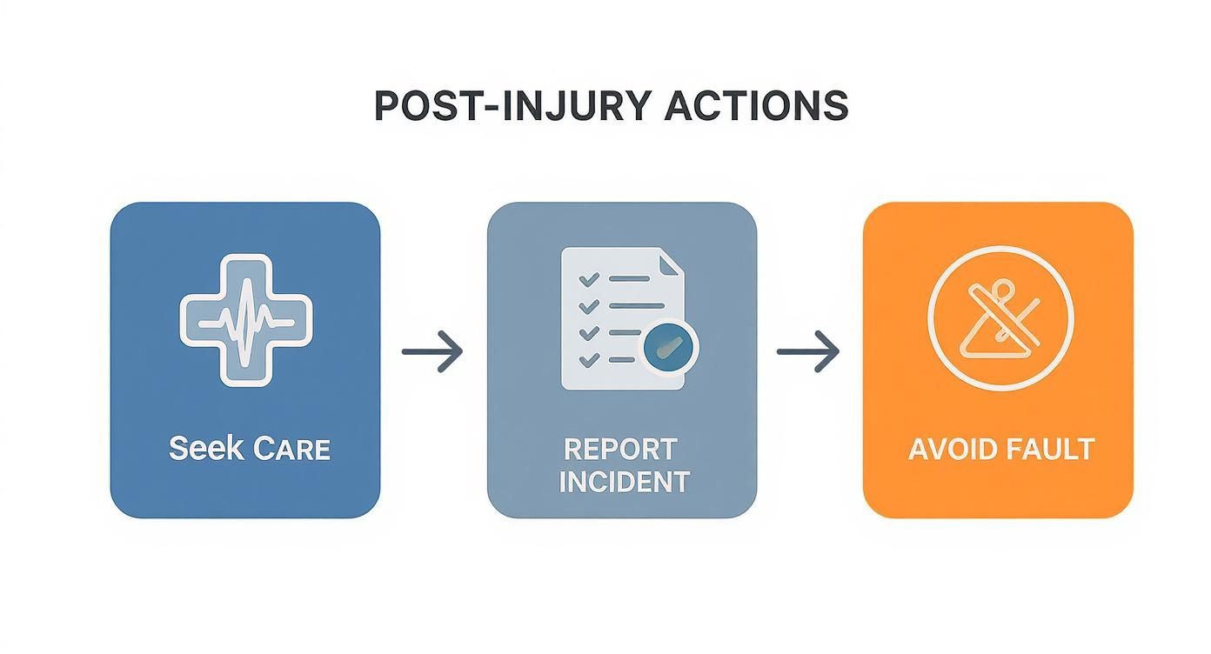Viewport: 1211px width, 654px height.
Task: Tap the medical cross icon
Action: click(246, 320)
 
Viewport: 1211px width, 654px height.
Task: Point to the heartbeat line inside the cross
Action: click(246, 320)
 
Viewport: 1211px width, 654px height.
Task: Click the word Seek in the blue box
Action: click(204, 449)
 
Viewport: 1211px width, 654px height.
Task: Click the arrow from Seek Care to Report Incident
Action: click(432, 351)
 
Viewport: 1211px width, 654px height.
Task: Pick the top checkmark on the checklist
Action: click(589, 279)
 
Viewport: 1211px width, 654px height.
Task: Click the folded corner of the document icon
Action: click(671, 262)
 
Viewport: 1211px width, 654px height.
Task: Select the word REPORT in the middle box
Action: click(620, 449)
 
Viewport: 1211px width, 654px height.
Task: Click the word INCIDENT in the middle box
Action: click(623, 481)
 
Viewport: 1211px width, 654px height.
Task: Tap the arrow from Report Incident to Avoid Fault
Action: click(808, 351)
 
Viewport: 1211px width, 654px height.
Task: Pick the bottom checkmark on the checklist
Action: click(589, 358)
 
